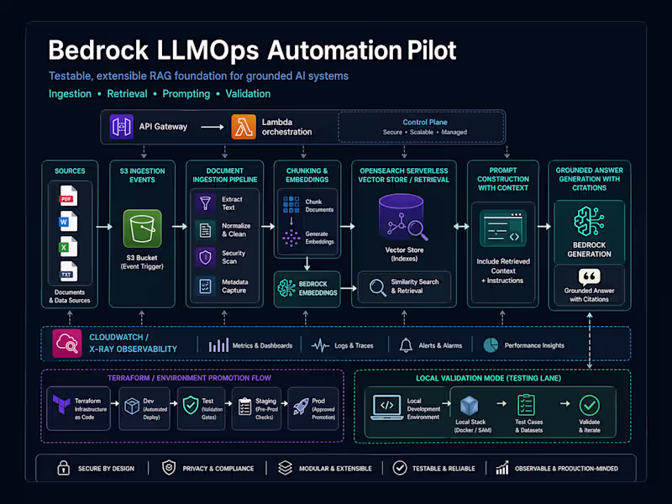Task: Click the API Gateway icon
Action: coord(123,127)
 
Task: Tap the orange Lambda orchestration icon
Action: coord(244,127)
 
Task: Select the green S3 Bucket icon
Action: coord(142,228)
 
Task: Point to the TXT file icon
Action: coord(68,270)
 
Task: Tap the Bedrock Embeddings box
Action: coord(307,287)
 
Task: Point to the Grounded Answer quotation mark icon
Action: coord(589,276)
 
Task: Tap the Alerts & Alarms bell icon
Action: coord(407,345)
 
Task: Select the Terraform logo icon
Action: coord(60,404)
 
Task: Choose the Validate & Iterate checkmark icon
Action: coord(590,405)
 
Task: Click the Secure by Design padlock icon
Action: coord(62,468)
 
